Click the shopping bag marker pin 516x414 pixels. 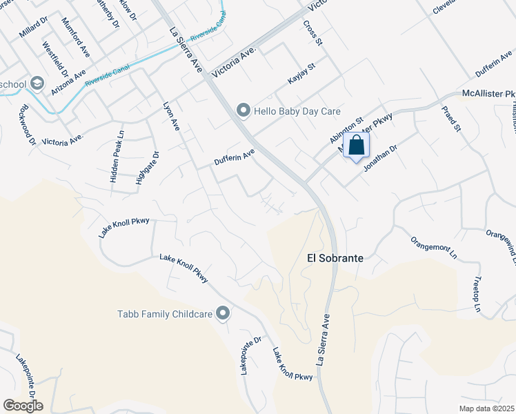pyautogui.click(x=356, y=146)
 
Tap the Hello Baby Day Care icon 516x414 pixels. pyautogui.click(x=243, y=110)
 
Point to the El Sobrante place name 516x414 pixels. pyautogui.click(x=334, y=257)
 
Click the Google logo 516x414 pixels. pyautogui.click(x=23, y=405)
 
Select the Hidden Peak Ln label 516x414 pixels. pyautogui.click(x=117, y=158)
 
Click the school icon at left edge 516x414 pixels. pyautogui.click(x=37, y=84)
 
